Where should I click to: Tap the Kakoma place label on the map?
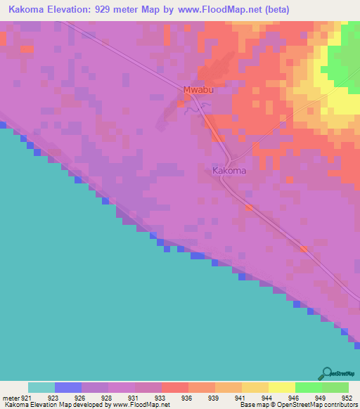(229, 171)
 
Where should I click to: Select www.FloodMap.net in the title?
(222, 10)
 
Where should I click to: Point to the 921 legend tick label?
(27, 398)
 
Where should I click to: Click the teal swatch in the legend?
(41, 387)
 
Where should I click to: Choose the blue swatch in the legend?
(67, 387)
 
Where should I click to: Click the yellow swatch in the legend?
(281, 387)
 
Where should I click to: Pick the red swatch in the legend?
(174, 387)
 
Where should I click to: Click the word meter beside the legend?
(11, 398)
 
